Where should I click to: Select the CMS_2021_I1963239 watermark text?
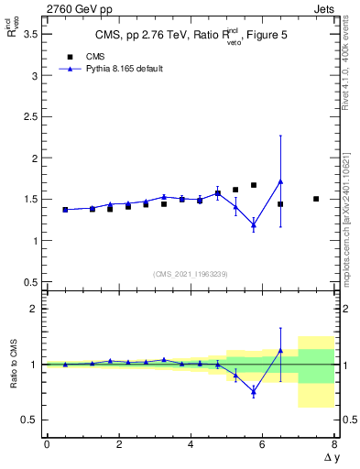(191, 274)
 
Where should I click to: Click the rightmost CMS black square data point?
(316, 199)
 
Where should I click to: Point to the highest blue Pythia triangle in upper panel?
(280, 181)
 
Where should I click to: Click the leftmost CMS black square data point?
(65, 210)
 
